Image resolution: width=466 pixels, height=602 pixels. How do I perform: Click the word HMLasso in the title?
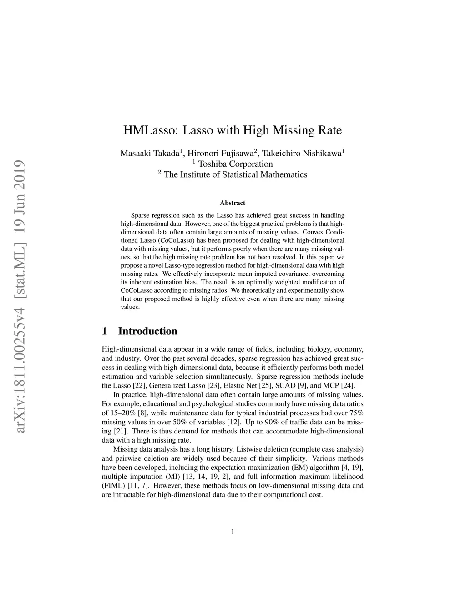(x=151, y=130)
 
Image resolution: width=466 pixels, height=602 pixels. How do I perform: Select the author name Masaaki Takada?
(x=149, y=154)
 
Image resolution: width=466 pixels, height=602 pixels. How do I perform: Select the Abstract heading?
(x=233, y=203)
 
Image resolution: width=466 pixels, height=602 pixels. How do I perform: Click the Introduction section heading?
(x=147, y=331)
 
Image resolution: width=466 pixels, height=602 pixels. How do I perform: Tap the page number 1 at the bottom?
(x=233, y=532)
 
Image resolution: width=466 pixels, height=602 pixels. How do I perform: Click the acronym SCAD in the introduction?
(x=285, y=386)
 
